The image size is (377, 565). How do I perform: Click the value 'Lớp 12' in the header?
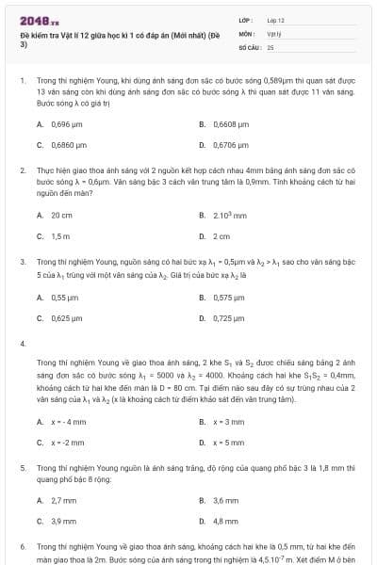click(275, 20)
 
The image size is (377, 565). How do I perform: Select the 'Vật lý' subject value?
click(274, 32)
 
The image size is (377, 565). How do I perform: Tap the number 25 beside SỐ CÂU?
click(270, 45)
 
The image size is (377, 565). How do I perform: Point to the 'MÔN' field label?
click(246, 32)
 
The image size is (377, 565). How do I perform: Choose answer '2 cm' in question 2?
click(221, 236)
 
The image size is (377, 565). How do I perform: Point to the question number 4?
click(23, 343)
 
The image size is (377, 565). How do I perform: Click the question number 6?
click(23, 546)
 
